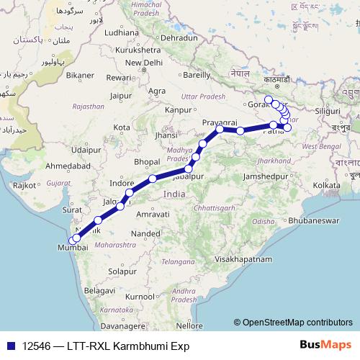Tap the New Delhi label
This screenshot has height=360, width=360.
pos(143,63)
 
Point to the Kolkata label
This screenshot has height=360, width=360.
pos(326,186)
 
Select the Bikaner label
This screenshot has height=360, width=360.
pos(80,74)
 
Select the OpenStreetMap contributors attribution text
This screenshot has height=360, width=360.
pos(294,322)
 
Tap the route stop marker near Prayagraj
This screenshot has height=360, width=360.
pos(220,130)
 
